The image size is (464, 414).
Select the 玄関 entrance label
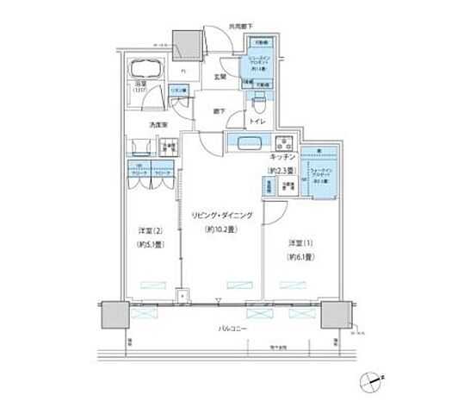[221, 78]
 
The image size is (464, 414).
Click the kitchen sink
[244, 143]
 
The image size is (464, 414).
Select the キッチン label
[284, 159]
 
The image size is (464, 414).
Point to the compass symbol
[372, 379]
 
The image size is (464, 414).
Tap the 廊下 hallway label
[220, 110]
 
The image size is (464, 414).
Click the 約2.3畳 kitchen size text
[282, 171]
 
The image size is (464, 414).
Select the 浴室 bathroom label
[140, 85]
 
